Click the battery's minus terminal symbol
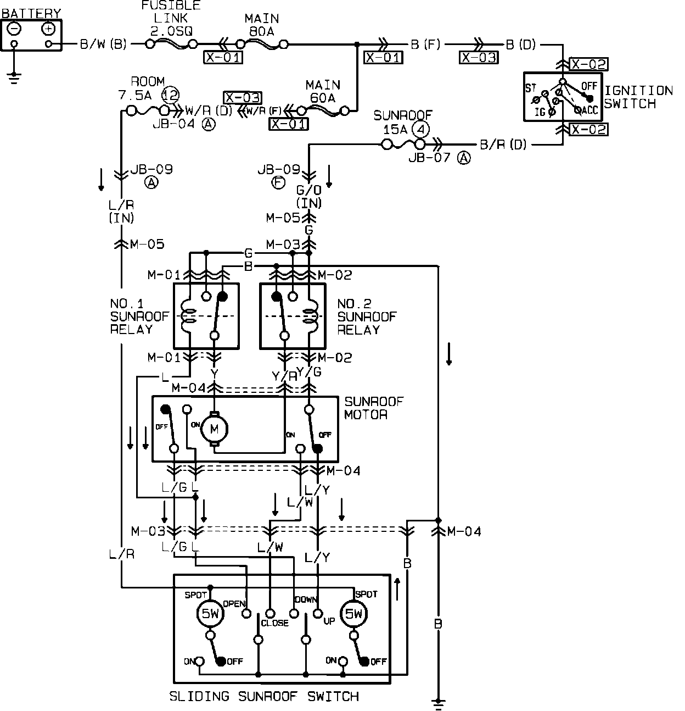click(15, 29)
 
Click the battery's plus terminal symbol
click(48, 29)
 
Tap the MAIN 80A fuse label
click(261, 25)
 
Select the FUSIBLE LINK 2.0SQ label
click(171, 19)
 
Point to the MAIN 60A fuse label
click(323, 91)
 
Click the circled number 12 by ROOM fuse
click(171, 95)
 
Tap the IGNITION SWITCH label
click(638, 97)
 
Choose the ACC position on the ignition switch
click(588, 110)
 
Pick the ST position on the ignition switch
click(531, 88)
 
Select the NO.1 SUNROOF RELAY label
click(131, 316)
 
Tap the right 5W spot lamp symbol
click(354, 614)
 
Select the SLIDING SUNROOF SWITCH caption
click(264, 697)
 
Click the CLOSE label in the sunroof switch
click(274, 623)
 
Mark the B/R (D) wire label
click(503, 145)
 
